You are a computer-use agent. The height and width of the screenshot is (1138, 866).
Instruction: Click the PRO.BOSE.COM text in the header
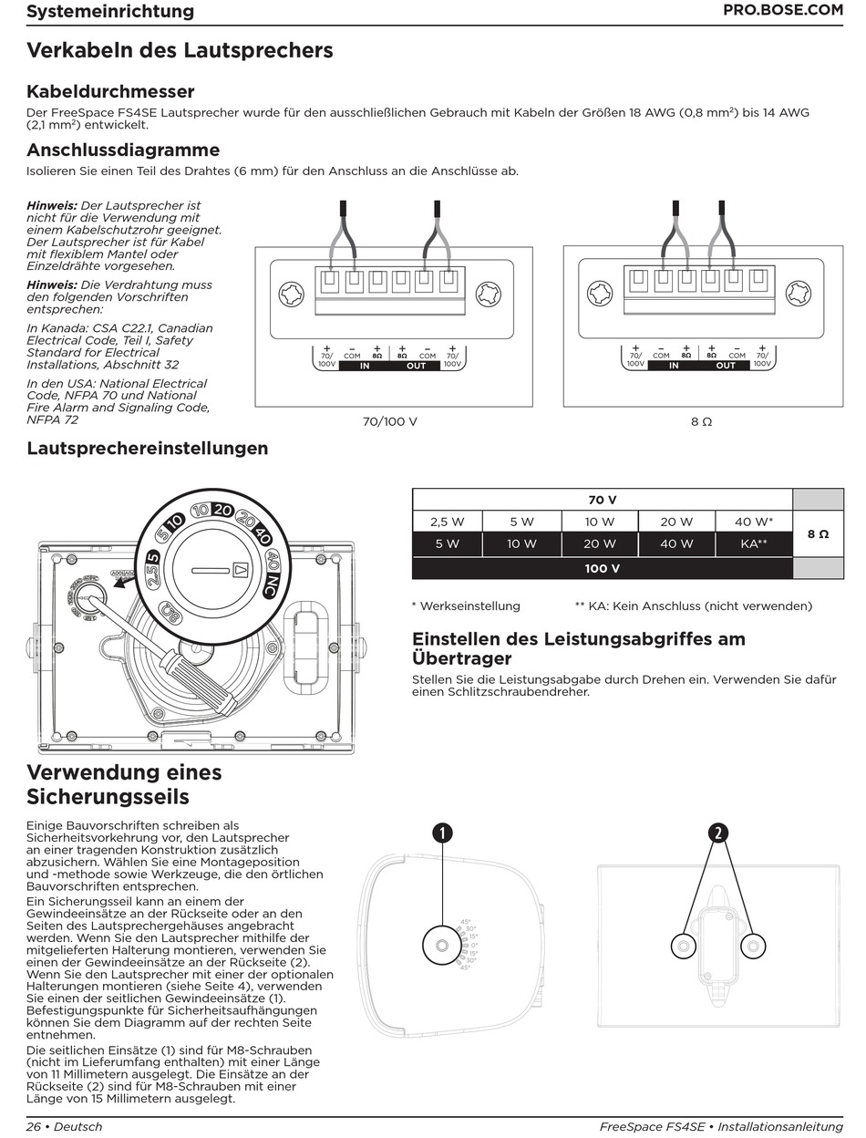[x=782, y=11]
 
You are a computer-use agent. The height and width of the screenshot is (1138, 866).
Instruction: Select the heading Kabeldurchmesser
[x=110, y=91]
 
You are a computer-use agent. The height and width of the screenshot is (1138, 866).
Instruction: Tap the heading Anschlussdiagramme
[x=123, y=150]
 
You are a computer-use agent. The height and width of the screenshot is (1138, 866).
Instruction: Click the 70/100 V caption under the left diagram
[x=390, y=422]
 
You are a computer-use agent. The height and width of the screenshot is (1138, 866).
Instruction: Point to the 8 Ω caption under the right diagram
[x=701, y=422]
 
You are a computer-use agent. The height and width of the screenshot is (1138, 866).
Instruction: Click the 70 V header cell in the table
[x=602, y=500]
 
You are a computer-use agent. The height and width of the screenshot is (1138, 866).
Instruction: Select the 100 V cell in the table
[x=602, y=568]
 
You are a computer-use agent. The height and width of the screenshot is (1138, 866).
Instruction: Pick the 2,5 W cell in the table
[x=447, y=522]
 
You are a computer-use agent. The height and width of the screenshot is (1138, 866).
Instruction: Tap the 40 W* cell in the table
[x=754, y=522]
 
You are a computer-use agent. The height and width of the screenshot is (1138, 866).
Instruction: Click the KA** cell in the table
[x=754, y=543]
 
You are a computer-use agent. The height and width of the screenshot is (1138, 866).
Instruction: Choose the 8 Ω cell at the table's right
[x=818, y=533]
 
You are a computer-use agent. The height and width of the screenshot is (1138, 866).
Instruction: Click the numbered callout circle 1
[x=442, y=832]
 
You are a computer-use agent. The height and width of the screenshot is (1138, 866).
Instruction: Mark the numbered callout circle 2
[x=718, y=832]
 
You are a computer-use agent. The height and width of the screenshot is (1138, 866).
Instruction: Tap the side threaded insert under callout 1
[x=442, y=947]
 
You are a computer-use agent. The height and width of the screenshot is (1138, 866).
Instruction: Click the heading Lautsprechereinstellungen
[x=148, y=448]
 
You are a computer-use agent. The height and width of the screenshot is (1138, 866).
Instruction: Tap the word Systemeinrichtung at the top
[x=110, y=11]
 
